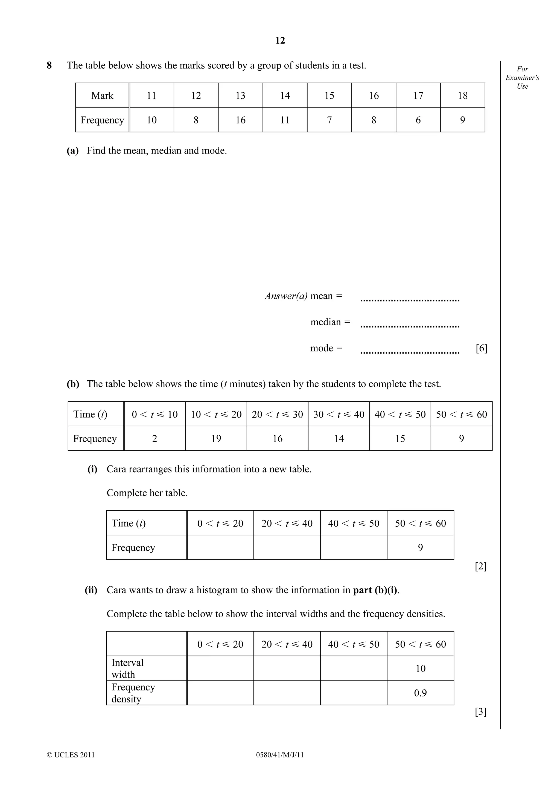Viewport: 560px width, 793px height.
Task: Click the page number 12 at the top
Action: point(280,41)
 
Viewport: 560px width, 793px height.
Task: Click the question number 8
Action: point(49,65)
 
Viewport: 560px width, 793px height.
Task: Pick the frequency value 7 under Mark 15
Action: point(329,120)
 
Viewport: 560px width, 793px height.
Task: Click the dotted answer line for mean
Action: point(410,300)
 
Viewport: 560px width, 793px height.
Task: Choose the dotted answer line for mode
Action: point(410,352)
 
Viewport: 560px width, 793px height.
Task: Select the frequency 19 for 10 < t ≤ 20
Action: point(216,438)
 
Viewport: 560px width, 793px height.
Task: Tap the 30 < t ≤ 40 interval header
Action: point(339,414)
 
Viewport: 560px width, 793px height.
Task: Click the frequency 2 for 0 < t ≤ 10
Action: point(154,438)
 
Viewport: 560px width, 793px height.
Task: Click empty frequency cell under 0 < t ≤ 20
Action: point(220,548)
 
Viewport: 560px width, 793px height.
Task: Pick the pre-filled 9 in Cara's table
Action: point(420,548)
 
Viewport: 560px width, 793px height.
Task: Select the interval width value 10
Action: point(420,668)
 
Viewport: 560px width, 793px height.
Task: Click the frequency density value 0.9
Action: point(420,693)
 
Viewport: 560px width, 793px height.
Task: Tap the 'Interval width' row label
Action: point(128,668)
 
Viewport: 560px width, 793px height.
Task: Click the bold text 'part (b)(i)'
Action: point(375,590)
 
